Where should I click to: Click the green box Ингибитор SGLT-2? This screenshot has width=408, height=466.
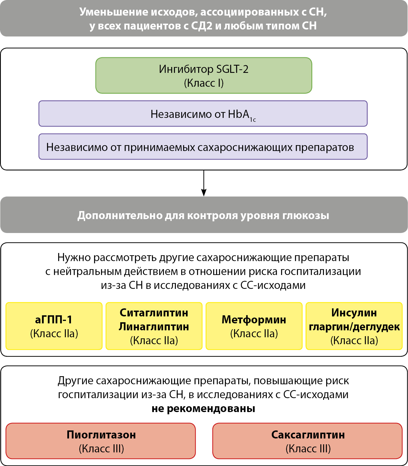pyautogui.click(x=204, y=75)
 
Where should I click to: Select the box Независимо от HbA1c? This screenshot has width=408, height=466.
pyautogui.click(x=203, y=114)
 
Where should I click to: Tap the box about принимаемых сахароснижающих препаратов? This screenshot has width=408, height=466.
pyautogui.click(x=203, y=147)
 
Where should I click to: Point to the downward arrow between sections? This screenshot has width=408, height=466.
pyautogui.click(x=204, y=184)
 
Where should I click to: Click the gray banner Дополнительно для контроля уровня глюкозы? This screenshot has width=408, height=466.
pyautogui.click(x=204, y=215)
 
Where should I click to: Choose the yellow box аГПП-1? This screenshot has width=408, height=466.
pyautogui.click(x=54, y=326)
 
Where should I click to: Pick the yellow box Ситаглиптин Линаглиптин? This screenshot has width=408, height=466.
pyautogui.click(x=154, y=326)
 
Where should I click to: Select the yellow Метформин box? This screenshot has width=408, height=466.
pyautogui.click(x=254, y=326)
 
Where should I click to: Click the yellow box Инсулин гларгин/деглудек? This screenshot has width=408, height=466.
pyautogui.click(x=354, y=326)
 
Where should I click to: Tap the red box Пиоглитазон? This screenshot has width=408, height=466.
pyautogui.click(x=101, y=441)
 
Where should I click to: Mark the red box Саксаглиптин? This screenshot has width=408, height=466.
pyautogui.click(x=308, y=441)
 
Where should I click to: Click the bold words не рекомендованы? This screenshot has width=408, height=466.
pyautogui.click(x=203, y=408)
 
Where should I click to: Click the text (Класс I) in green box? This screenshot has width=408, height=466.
pyautogui.click(x=204, y=83)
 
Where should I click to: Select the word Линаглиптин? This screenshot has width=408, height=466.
pyautogui.click(x=154, y=327)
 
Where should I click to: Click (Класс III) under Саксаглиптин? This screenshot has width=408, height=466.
pyautogui.click(x=308, y=448)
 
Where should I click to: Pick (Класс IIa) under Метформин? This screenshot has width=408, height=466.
pyautogui.click(x=254, y=333)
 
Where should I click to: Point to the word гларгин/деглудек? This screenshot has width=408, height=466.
pyautogui.click(x=354, y=327)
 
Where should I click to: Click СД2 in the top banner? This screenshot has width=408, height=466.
pyautogui.click(x=201, y=26)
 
